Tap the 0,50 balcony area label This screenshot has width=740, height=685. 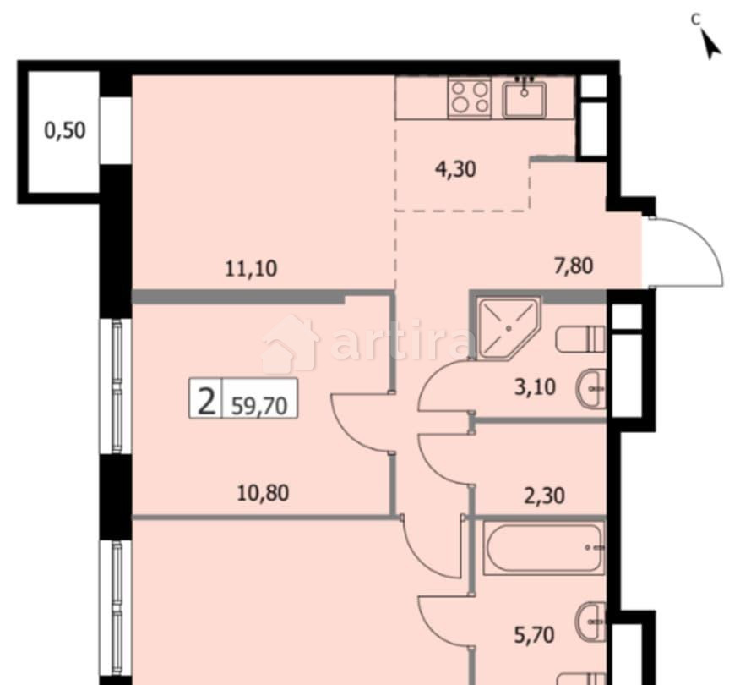(x=65, y=131)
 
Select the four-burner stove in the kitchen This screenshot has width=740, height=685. (x=469, y=96)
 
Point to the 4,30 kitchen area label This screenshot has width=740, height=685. (x=455, y=168)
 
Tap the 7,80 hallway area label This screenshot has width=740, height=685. (x=572, y=266)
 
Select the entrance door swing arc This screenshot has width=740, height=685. (x=686, y=249)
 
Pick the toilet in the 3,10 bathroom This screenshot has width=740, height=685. (x=580, y=340)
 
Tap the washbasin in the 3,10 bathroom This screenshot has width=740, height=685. (x=592, y=390)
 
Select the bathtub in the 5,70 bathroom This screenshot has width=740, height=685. (x=543, y=547)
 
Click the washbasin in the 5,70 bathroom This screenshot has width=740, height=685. (x=592, y=623)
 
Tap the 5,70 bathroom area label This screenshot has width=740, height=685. (x=535, y=633)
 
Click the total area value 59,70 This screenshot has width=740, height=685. (x=259, y=405)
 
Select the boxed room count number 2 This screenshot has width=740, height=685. (x=204, y=400)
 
